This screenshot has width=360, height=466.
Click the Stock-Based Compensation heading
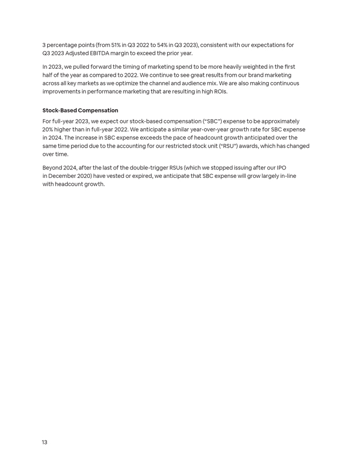(80, 110)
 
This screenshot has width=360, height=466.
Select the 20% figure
(49, 129)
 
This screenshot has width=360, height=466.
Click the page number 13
(44, 442)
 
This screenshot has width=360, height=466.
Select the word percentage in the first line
(64, 45)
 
